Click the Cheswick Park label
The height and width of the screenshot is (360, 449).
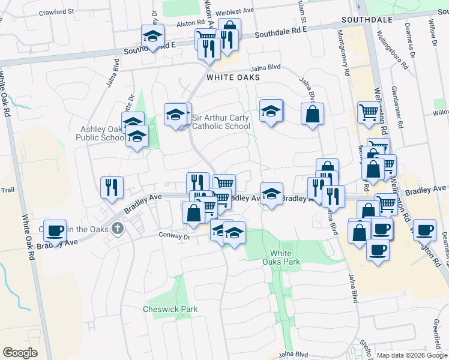[170, 309]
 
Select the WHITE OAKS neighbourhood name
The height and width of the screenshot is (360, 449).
[233, 77]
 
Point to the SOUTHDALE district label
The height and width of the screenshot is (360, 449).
[367, 20]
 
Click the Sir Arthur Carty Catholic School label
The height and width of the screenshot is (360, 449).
[221, 122]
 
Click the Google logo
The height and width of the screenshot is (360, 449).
[20, 353]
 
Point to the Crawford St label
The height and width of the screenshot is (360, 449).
[56, 11]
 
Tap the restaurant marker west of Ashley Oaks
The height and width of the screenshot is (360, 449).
[111, 187]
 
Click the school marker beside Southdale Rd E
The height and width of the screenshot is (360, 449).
[152, 37]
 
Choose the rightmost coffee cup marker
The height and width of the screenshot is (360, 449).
[424, 229]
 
